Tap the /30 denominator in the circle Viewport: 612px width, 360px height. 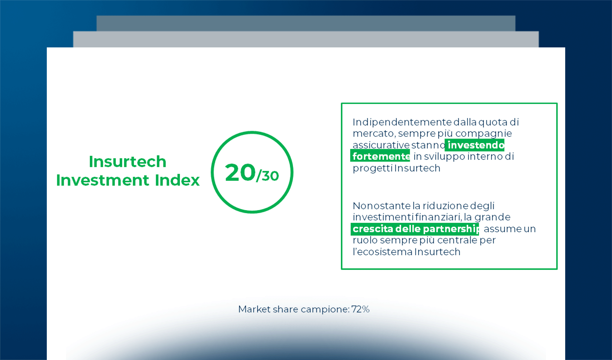(x=268, y=176)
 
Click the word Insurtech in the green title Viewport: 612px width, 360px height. (x=127, y=162)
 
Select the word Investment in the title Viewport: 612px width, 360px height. (x=103, y=180)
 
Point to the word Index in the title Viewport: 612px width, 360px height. (x=177, y=180)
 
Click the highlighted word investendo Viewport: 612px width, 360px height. (x=476, y=145)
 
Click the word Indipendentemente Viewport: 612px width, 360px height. (x=402, y=122)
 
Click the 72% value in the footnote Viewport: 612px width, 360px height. (x=360, y=309)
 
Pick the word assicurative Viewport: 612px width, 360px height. (x=381, y=145)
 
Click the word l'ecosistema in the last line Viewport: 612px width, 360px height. (x=382, y=252)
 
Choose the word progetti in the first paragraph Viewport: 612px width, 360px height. (x=373, y=169)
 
